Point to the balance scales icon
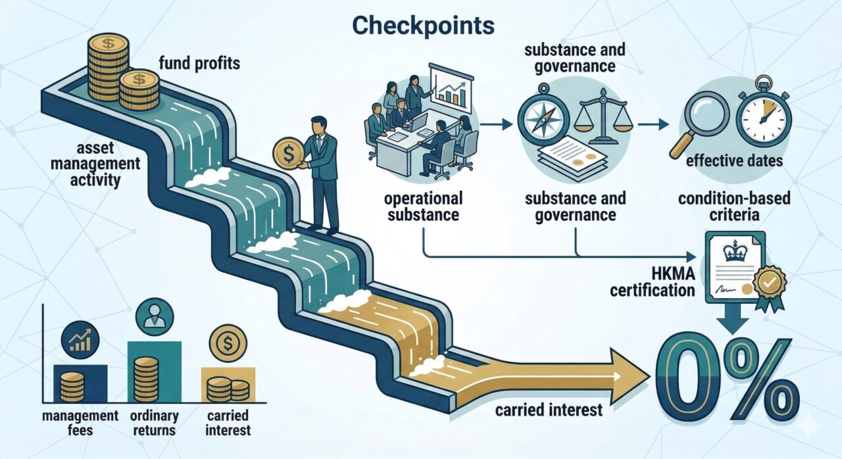point(604,113)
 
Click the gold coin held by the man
point(288,153)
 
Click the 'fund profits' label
point(199,64)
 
